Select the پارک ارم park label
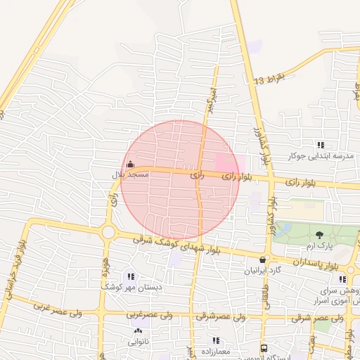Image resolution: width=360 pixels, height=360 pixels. point(319,247)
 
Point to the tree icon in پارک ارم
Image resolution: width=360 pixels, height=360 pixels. point(320,236)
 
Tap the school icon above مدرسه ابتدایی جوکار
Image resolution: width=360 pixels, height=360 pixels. point(321,145)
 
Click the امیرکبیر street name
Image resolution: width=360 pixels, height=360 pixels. point(210,99)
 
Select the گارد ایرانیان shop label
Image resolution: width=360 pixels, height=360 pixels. point(262,270)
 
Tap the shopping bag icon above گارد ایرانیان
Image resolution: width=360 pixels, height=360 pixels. point(263,259)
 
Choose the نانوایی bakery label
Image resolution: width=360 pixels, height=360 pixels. point(137,342)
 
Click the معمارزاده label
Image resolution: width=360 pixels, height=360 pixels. point(217,350)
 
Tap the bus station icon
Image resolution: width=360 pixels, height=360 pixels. point(264,348)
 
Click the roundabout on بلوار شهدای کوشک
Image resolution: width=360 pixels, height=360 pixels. point(108,231)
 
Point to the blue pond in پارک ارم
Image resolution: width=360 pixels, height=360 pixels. point(283,229)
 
